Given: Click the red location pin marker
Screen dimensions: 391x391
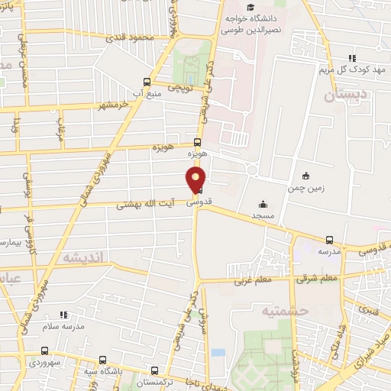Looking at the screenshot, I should point(196,177).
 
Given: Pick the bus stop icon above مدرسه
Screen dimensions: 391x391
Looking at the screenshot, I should point(330,240).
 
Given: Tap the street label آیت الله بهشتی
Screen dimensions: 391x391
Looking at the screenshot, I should point(146,205).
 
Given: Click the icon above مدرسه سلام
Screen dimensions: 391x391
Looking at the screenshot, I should point(64,314).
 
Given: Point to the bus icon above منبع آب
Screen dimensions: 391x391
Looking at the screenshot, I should point(147,82).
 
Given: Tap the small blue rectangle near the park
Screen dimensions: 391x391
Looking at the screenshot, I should point(218,353).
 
